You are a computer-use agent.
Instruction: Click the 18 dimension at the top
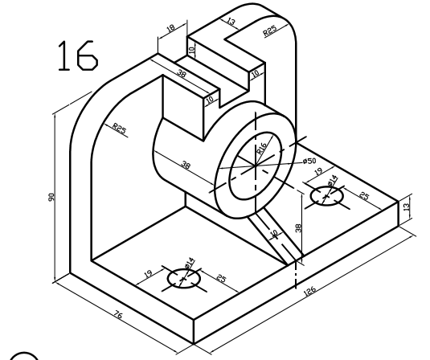pos(170,31)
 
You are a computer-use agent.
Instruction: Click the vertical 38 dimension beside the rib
pos(298,228)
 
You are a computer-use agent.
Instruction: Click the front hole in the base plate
pos(183,278)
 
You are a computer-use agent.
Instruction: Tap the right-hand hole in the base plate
pos(326,195)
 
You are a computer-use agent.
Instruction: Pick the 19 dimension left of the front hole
pos(150,274)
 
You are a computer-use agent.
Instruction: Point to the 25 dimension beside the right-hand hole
pos(363,195)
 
